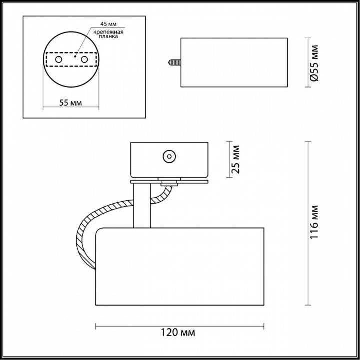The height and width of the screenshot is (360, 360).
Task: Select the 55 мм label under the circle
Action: [70, 103]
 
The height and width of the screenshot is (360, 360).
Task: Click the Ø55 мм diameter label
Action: [314, 64]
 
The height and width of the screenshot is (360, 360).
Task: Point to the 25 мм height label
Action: [236, 159]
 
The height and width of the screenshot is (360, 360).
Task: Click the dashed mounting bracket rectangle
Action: [71, 60]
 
